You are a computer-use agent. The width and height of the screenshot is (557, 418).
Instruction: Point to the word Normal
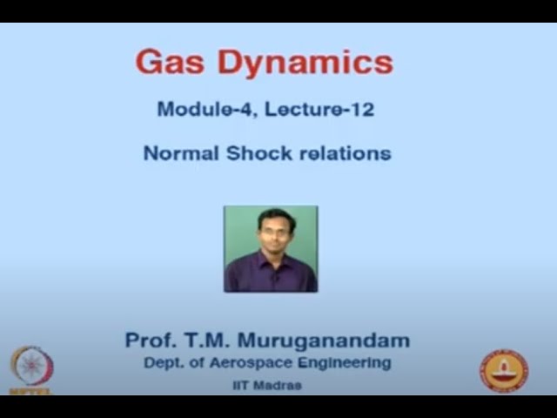(181, 153)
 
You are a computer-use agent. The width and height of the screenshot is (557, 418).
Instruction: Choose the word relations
(345, 153)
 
